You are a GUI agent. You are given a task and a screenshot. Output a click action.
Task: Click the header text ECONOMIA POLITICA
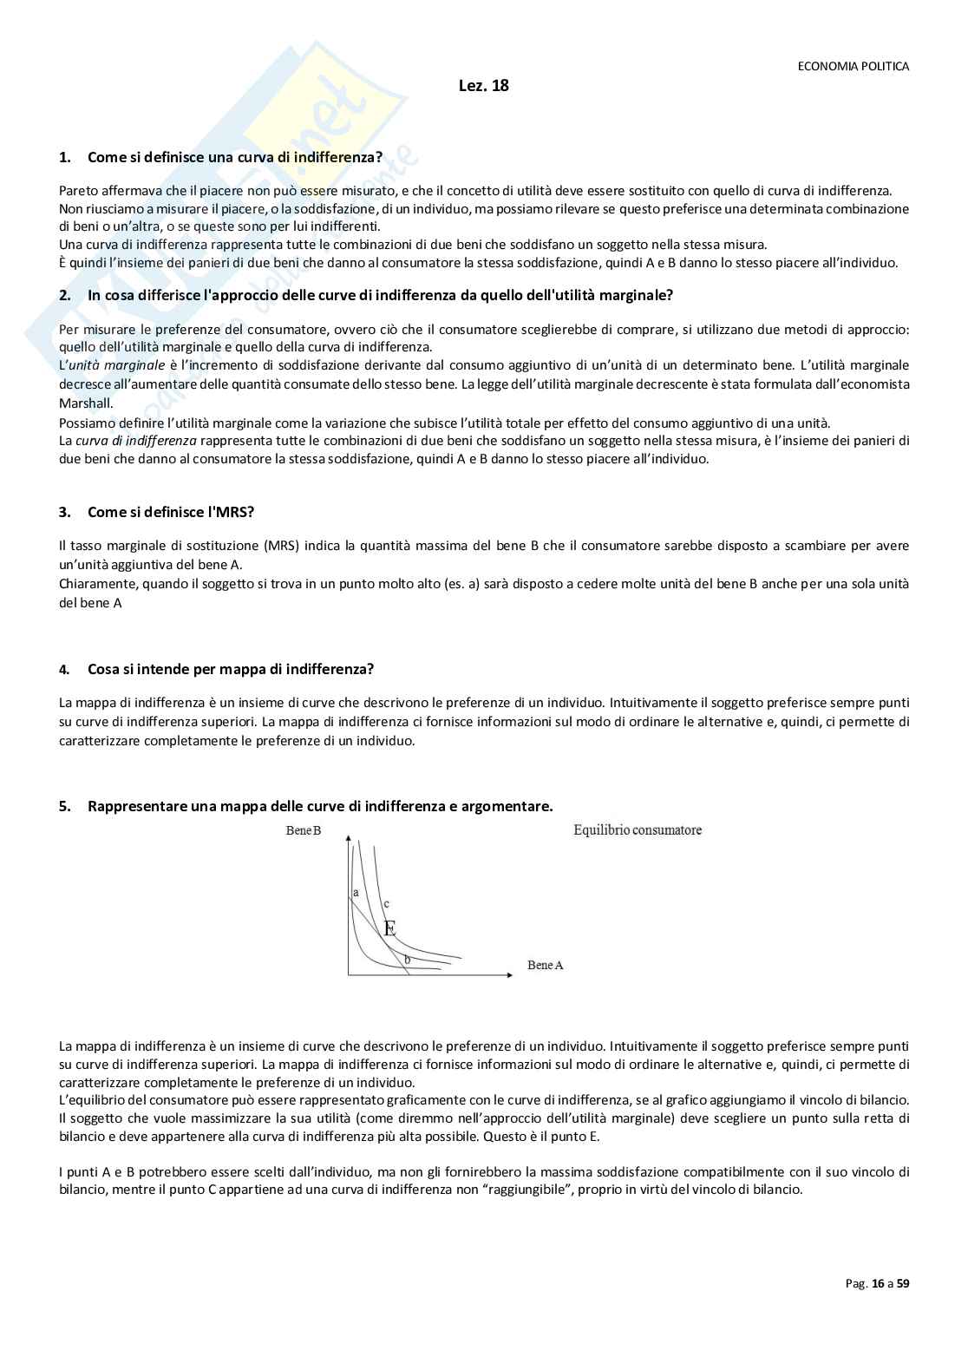tap(853, 66)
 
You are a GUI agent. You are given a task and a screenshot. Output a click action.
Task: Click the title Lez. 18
tap(483, 86)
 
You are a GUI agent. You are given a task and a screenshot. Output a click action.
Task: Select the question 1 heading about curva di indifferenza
tap(234, 157)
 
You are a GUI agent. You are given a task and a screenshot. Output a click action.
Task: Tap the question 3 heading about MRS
tap(170, 512)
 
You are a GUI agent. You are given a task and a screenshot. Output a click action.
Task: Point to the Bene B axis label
tap(304, 830)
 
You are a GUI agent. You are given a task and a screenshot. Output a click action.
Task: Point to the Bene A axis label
tap(545, 965)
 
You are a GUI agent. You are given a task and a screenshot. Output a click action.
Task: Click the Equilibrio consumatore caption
tap(638, 830)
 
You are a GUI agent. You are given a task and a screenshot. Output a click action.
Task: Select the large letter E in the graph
tap(389, 928)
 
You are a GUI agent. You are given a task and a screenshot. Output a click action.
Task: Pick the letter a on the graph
tap(356, 892)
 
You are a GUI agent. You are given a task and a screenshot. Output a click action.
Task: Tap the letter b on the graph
tap(407, 959)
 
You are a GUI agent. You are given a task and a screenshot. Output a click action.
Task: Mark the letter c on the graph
tap(386, 904)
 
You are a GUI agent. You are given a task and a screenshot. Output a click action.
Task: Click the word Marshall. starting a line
tap(85, 403)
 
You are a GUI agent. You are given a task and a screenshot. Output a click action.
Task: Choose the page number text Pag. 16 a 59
tap(877, 1283)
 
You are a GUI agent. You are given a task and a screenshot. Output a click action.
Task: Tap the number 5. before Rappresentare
tap(65, 807)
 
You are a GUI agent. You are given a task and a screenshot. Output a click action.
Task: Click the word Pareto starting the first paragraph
tap(78, 191)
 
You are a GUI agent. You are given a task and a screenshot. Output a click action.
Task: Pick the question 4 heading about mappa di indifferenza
tap(230, 669)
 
